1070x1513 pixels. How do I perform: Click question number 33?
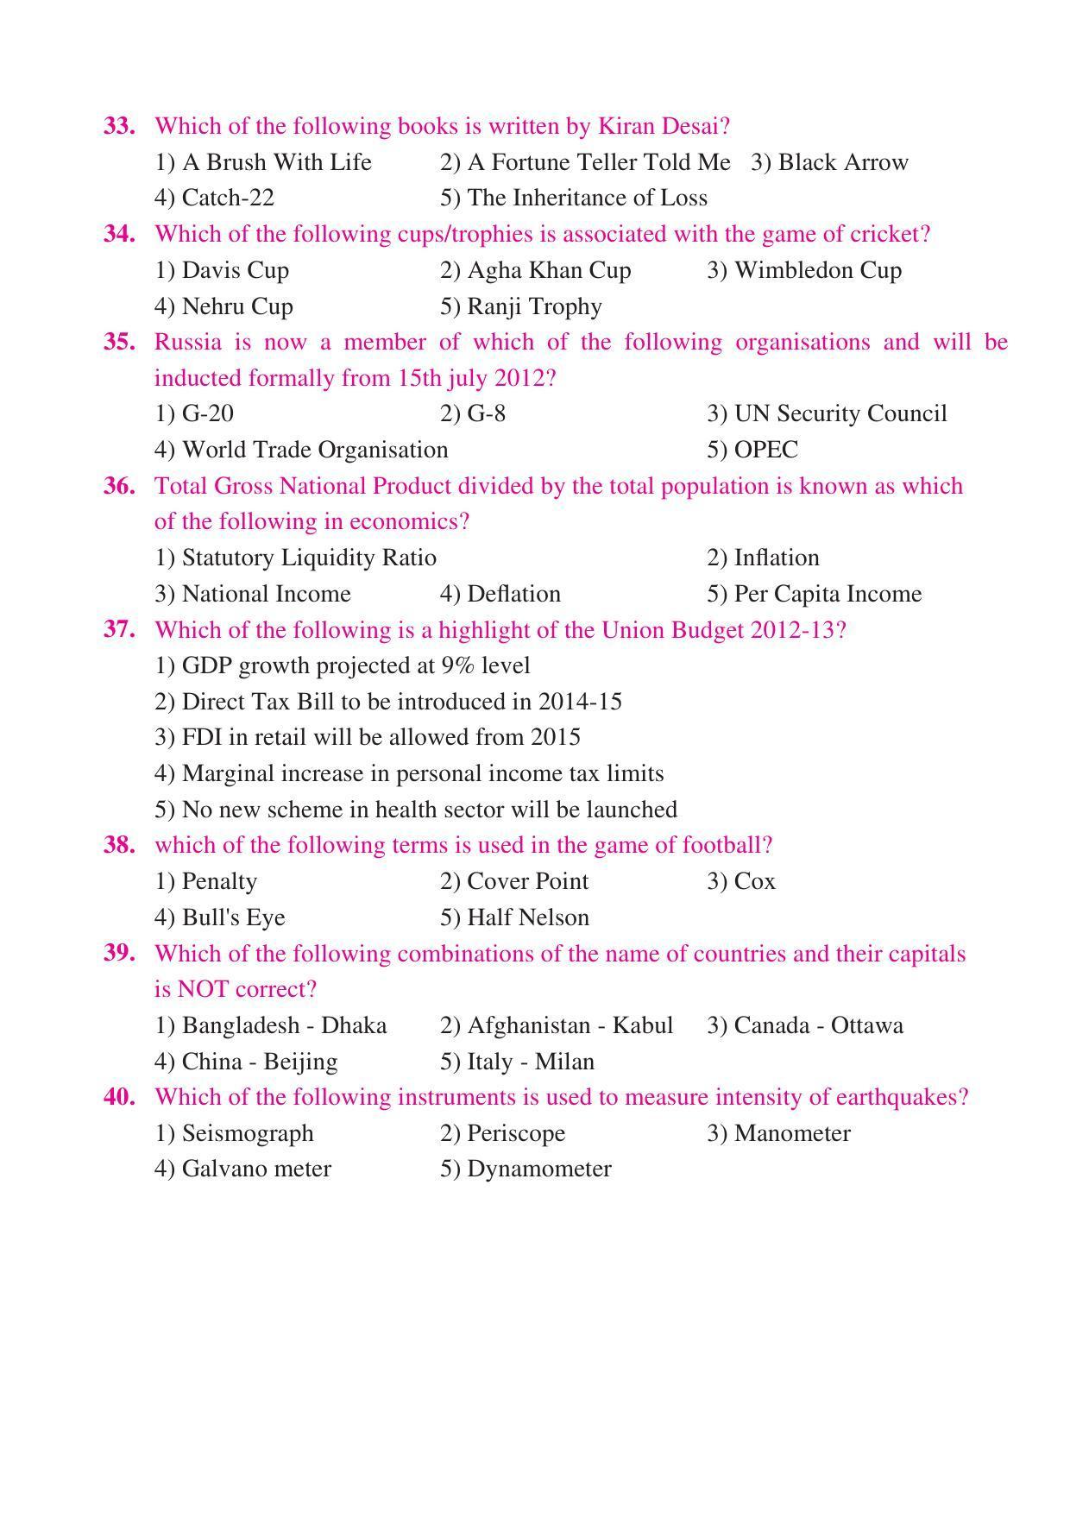click(x=119, y=126)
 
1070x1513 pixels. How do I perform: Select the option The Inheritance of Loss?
click(x=574, y=198)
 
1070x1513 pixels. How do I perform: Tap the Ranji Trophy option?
click(x=521, y=306)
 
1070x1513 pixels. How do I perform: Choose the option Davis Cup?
click(x=222, y=270)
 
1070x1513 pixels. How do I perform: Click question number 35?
click(x=119, y=342)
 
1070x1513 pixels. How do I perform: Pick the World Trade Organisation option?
click(x=301, y=450)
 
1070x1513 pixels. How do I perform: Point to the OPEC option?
click(x=752, y=450)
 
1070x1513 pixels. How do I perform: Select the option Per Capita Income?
click(x=815, y=594)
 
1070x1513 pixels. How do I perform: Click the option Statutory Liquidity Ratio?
click(x=295, y=558)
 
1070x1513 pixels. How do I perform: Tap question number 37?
click(x=119, y=630)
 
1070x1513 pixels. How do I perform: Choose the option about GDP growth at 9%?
click(x=342, y=665)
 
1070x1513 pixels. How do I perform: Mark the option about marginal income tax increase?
click(x=409, y=773)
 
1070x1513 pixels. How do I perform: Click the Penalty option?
click(x=205, y=881)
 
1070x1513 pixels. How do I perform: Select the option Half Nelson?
click(x=515, y=917)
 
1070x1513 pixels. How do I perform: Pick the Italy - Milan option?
click(x=518, y=1062)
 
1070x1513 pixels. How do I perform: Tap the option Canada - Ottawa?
click(x=805, y=1025)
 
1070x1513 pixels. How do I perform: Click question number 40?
click(x=119, y=1097)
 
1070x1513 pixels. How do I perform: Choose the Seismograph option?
click(x=234, y=1133)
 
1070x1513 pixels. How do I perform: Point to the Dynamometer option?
click(x=526, y=1169)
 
